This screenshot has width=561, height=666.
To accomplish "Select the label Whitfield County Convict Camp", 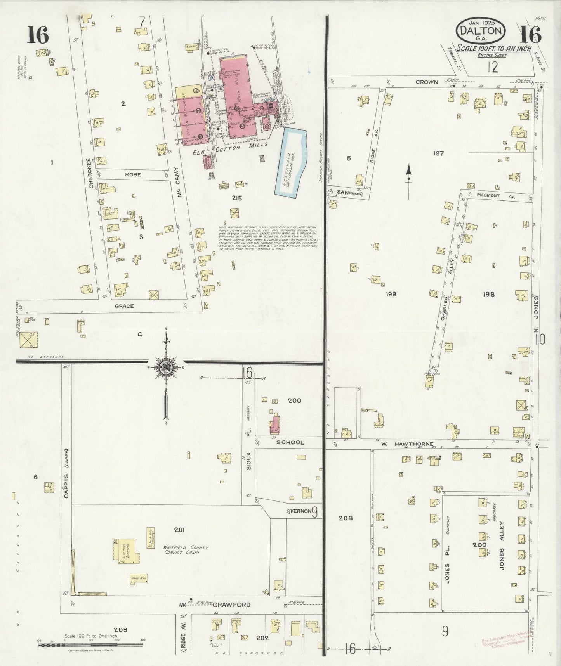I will pyautogui.click(x=186, y=550).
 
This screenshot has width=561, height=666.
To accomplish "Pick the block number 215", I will pyautogui.click(x=237, y=198).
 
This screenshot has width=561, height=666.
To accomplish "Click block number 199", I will pyautogui.click(x=391, y=294).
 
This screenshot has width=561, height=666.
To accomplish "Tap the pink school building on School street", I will pyautogui.click(x=275, y=425).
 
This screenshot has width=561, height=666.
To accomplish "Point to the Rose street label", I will pyautogui.click(x=133, y=175).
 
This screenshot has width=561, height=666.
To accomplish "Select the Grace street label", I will pyautogui.click(x=125, y=306).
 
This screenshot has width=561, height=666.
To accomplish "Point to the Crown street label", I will pyautogui.click(x=427, y=82).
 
